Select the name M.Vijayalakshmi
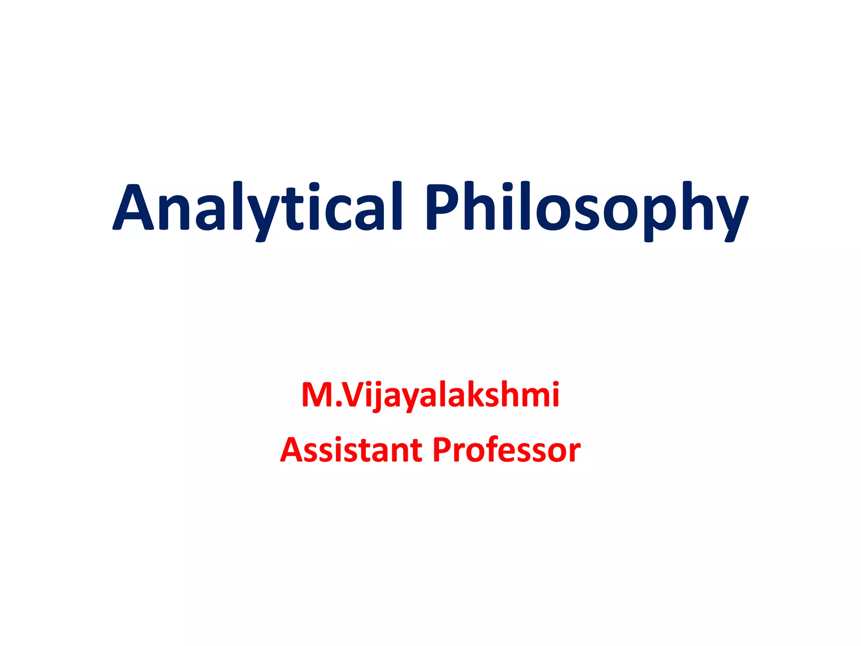[430, 396]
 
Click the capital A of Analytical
[134, 207]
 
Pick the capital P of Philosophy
[444, 207]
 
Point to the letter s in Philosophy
[590, 212]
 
